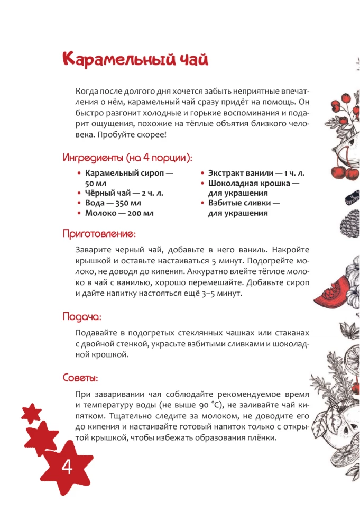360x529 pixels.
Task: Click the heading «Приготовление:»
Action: [x=99, y=233]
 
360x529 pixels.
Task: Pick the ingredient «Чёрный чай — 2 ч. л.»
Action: [x=124, y=193]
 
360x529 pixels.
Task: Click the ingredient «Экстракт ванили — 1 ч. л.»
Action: [x=256, y=173]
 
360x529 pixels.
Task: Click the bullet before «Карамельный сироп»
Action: [x=79, y=174]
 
